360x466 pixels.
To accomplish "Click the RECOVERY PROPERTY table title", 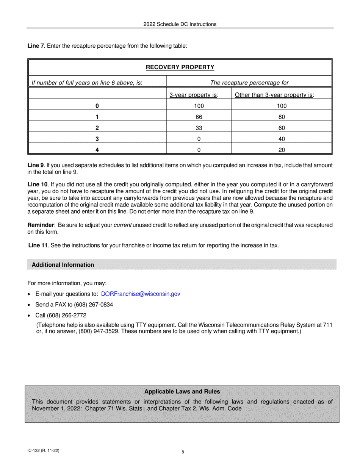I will [180, 67].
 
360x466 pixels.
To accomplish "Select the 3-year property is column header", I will [194, 95].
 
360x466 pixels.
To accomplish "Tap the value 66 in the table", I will [199, 117].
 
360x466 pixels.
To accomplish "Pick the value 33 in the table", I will [199, 128].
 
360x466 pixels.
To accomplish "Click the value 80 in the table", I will [282, 117].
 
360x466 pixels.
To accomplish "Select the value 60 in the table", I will [282, 128].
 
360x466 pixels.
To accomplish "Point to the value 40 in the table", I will [282, 139].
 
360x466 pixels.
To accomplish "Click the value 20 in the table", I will [282, 150].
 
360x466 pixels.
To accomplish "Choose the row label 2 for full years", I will [97, 128].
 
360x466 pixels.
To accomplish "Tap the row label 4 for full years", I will [97, 150].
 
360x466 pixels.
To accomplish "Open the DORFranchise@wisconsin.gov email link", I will [141, 294].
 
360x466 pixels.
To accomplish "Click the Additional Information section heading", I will [63, 265].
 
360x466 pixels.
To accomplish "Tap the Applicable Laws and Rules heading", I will [182, 391].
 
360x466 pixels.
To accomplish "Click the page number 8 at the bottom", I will [183, 452].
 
